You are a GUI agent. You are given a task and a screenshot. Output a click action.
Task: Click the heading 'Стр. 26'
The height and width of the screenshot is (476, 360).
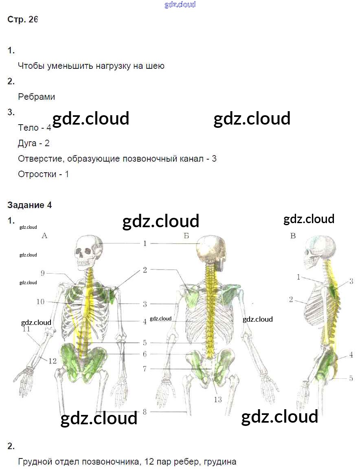pyautogui.click(x=23, y=20)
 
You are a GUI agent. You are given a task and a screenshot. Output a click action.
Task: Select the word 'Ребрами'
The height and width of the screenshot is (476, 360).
pyautogui.click(x=37, y=97)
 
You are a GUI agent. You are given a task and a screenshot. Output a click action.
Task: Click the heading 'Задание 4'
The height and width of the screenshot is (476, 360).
pyautogui.click(x=29, y=205)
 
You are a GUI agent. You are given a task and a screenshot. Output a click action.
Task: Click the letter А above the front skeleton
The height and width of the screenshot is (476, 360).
pyautogui.click(x=45, y=235)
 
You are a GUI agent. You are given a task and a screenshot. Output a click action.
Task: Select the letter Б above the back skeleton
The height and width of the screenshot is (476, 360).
pyautogui.click(x=186, y=235)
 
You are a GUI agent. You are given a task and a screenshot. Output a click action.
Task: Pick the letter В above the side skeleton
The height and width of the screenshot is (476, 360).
pyautogui.click(x=293, y=235)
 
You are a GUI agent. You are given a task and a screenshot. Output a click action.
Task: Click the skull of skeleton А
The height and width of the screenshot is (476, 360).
pyautogui.click(x=88, y=252)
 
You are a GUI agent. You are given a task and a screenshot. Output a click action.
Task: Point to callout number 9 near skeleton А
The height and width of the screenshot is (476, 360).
pyautogui.click(x=42, y=273)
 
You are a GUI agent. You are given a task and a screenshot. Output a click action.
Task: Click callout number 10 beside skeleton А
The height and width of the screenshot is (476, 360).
pyautogui.click(x=40, y=302)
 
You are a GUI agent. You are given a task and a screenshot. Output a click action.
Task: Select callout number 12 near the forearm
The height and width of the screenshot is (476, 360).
pyautogui.click(x=53, y=360)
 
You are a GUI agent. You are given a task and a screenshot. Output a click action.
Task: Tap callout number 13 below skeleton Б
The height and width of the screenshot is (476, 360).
pyautogui.click(x=218, y=399)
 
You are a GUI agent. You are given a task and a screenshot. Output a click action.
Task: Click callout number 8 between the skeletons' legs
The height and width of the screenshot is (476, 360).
pyautogui.click(x=145, y=412)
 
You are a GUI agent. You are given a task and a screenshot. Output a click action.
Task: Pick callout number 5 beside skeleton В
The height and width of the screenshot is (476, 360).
pyautogui.click(x=351, y=378)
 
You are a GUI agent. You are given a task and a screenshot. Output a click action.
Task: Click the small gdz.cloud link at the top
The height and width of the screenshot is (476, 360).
pyautogui.click(x=180, y=4)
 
